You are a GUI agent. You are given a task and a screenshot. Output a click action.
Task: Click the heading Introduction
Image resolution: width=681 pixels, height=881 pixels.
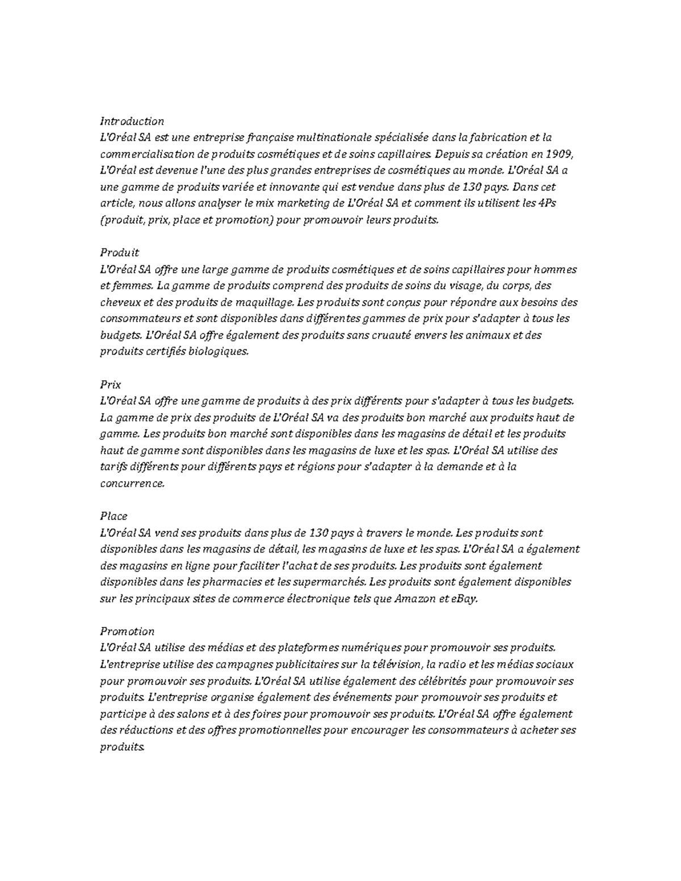(x=132, y=121)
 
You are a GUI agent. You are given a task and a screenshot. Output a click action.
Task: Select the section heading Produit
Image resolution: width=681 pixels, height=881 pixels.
(x=119, y=252)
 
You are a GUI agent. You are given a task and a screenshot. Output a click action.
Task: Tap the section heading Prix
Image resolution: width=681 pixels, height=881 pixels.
(x=110, y=385)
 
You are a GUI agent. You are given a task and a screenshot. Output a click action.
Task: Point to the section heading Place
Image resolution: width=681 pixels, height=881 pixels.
(x=113, y=516)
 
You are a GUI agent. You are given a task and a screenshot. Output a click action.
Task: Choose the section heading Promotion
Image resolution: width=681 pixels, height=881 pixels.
(x=127, y=631)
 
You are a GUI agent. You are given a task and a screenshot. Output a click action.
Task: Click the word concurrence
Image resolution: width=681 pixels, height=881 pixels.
(x=132, y=484)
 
